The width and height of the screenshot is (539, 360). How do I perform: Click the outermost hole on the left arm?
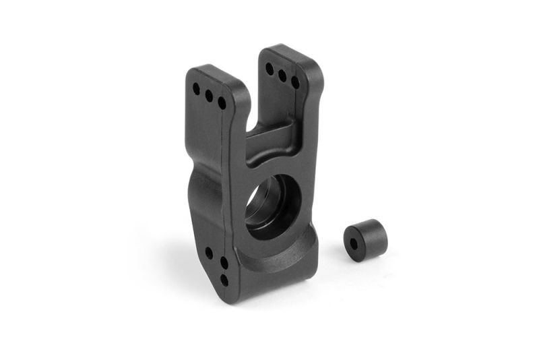196,89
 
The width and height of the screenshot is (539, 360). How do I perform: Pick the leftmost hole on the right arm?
269,69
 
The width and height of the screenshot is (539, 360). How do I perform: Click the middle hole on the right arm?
282,75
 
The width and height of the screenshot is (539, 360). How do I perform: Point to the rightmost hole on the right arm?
295,82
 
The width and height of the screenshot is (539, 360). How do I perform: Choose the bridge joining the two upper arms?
269,138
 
